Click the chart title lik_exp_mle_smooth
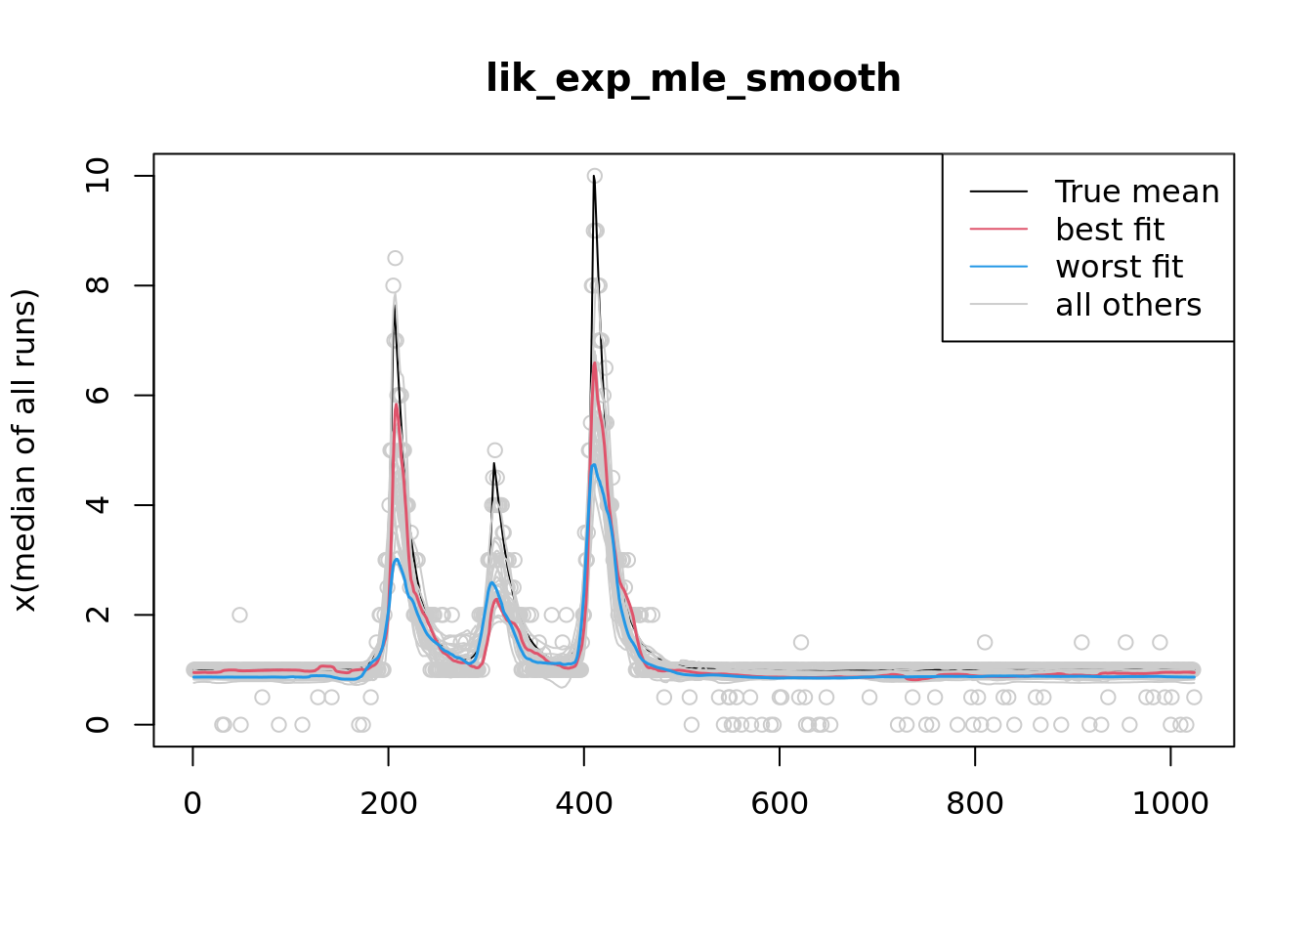(693, 78)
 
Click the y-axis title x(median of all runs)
(24, 450)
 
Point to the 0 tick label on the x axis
(192, 803)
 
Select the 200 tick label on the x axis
(388, 803)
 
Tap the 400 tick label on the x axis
(583, 803)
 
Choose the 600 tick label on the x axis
(779, 803)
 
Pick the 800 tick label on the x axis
(974, 803)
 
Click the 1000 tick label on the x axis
(1169, 803)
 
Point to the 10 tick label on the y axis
(98, 176)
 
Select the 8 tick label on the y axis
(98, 285)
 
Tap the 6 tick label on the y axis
(98, 395)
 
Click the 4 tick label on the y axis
(98, 505)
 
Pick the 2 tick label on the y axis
(98, 615)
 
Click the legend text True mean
(1136, 192)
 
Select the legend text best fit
(1109, 230)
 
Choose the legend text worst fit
(1119, 267)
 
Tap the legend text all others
(1127, 305)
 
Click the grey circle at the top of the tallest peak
(594, 176)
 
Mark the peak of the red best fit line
(594, 363)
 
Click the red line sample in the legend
(998, 230)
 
